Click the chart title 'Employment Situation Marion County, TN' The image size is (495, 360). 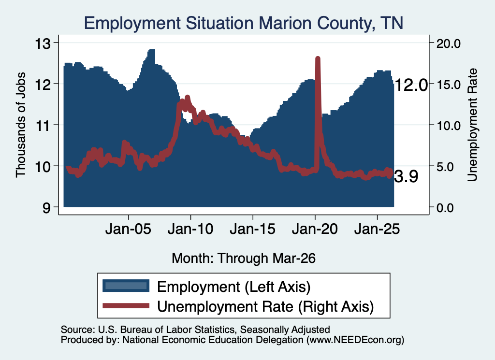[244, 23]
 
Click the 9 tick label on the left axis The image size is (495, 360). [46, 208]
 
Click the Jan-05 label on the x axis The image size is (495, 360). [129, 229]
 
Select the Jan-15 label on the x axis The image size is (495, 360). [252, 229]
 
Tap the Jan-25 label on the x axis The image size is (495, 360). [377, 229]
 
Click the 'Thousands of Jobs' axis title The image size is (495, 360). [21, 125]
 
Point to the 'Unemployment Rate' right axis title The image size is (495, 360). [472, 125]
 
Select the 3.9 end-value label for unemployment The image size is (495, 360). [406, 176]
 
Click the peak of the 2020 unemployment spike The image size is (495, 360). [318, 58]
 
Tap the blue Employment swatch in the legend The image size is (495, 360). [126, 286]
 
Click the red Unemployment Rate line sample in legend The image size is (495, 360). [126, 305]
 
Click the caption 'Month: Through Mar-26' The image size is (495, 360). [244, 258]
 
